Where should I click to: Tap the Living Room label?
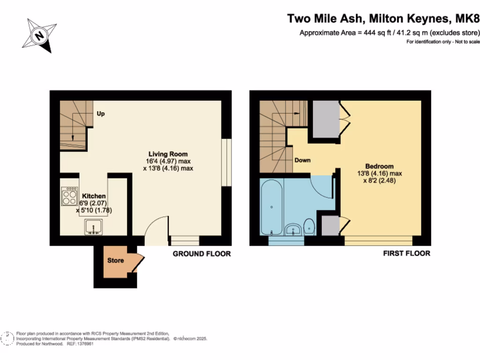[x=168, y=154]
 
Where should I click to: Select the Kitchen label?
[x=94, y=196]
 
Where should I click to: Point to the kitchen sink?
[x=94, y=227]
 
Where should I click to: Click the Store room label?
[x=115, y=260]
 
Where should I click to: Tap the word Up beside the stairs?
[x=100, y=113]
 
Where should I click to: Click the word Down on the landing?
[x=302, y=160]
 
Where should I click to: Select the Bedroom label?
[x=379, y=166]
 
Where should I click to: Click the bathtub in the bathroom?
[x=271, y=206]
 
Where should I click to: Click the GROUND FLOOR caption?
[x=202, y=254]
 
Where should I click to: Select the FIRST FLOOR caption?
[x=406, y=254]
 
